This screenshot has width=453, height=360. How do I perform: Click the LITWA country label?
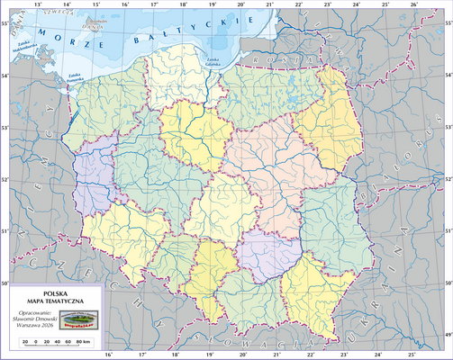[360, 36]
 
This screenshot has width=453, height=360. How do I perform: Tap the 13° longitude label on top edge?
[37, 4]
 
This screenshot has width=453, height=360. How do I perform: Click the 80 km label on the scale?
[85, 344]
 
